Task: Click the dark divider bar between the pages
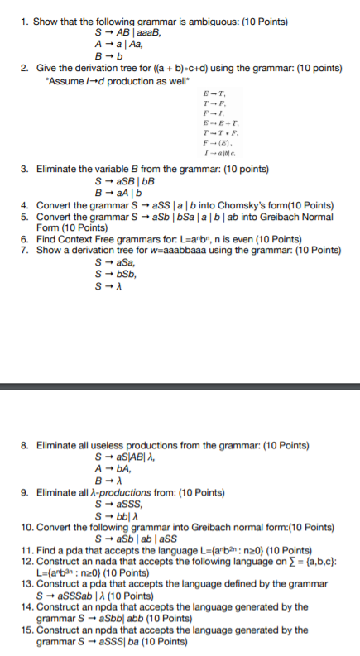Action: click(180, 386)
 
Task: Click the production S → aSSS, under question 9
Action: click(118, 505)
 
